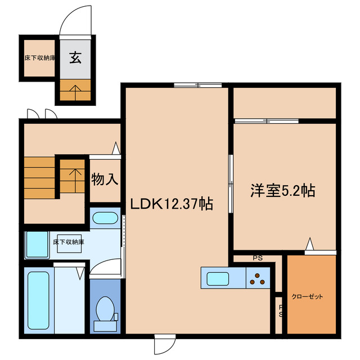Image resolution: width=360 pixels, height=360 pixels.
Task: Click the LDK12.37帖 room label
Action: pyautogui.click(x=172, y=204)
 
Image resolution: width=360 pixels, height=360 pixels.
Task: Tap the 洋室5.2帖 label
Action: pyautogui.click(x=282, y=191)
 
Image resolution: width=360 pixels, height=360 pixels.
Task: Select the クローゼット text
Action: pyautogui.click(x=308, y=296)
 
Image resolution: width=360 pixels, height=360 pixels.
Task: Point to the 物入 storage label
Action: pyautogui.click(x=105, y=180)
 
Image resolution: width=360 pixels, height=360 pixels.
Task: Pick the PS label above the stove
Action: pyautogui.click(x=258, y=259)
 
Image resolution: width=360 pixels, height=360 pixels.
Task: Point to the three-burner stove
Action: pyautogui.click(x=258, y=278)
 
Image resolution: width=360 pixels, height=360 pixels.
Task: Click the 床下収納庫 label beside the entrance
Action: pyautogui.click(x=39, y=57)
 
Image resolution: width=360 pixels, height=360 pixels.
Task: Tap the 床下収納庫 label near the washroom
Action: pyautogui.click(x=69, y=242)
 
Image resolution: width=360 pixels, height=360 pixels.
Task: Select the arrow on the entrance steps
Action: pyautogui.click(x=75, y=90)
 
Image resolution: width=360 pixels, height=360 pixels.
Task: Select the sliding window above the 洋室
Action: pyautogui.click(x=267, y=120)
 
